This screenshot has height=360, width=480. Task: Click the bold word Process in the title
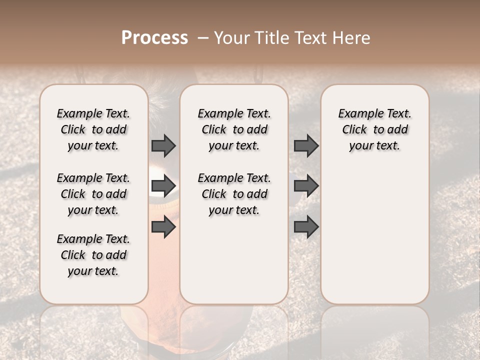click(x=154, y=38)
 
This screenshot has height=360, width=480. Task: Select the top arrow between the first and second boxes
click(x=163, y=145)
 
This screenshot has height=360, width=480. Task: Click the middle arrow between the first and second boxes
click(x=163, y=186)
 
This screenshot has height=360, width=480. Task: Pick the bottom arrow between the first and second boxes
click(x=163, y=227)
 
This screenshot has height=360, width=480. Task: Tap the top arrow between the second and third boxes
click(x=306, y=145)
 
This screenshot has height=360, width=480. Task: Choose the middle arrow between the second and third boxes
click(x=306, y=186)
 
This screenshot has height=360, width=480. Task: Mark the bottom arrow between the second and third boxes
click(x=306, y=227)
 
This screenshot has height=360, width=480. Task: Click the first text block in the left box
click(x=93, y=129)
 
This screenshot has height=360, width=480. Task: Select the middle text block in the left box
click(x=93, y=194)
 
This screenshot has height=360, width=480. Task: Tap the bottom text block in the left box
click(x=93, y=255)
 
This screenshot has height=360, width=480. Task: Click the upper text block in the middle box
click(x=234, y=129)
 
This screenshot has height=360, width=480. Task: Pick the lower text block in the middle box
click(x=234, y=194)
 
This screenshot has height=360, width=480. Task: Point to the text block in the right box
click(x=374, y=129)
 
